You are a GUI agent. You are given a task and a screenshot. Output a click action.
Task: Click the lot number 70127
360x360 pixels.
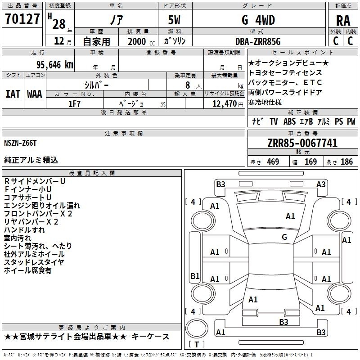pyautogui.click(x=22, y=19)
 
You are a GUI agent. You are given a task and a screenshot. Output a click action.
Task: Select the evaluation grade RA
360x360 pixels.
pyautogui.click(x=343, y=21)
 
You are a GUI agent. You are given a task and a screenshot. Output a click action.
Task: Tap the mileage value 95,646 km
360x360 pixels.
pyautogui.click(x=55, y=65)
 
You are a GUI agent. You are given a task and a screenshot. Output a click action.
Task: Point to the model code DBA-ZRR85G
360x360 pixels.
pyautogui.click(x=258, y=41)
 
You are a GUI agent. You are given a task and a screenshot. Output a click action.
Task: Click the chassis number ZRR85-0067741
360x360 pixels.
pyautogui.click(x=302, y=143)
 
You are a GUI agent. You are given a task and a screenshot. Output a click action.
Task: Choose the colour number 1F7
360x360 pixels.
pyautogui.click(x=74, y=104)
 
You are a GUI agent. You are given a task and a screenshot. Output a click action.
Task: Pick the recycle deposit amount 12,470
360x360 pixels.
pyautogui.click(x=224, y=104)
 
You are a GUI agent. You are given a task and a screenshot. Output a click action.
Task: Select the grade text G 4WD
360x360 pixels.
pyautogui.click(x=258, y=20)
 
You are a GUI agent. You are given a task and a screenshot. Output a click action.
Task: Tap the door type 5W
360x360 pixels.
pyautogui.click(x=174, y=20)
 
